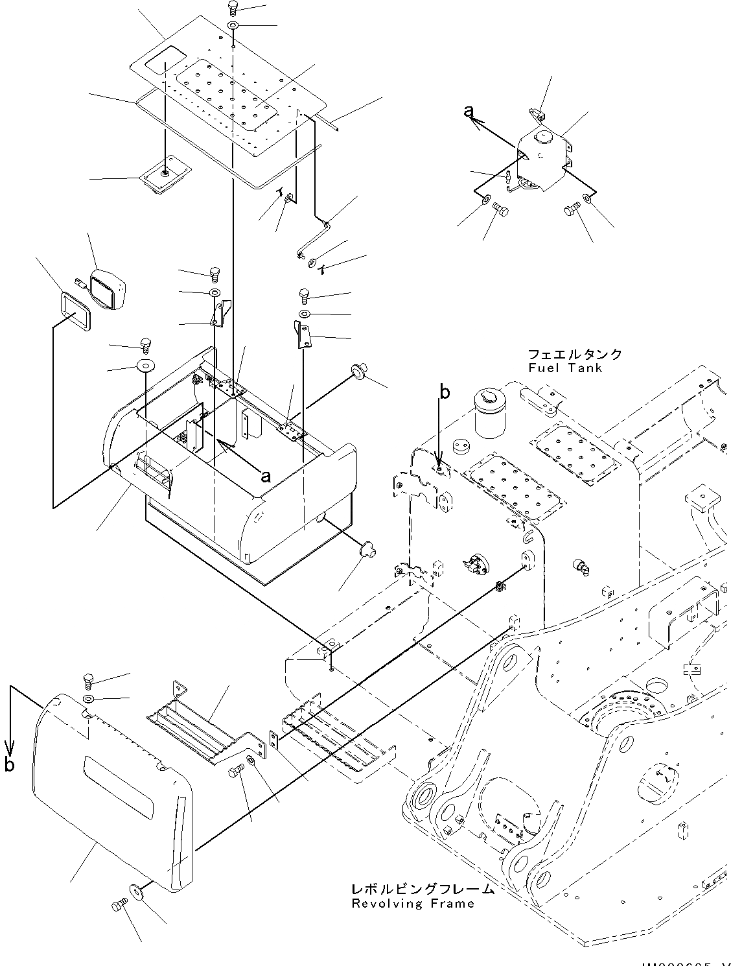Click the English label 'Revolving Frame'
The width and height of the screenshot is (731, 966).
point(413,904)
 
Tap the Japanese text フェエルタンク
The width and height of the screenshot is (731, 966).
point(574,354)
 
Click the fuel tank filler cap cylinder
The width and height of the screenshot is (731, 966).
point(489,414)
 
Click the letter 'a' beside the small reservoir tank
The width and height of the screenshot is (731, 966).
point(469,112)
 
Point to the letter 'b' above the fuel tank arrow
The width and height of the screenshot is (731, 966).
point(444,392)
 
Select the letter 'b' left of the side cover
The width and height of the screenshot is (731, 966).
point(9,766)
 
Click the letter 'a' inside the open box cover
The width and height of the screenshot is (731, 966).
point(264,477)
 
